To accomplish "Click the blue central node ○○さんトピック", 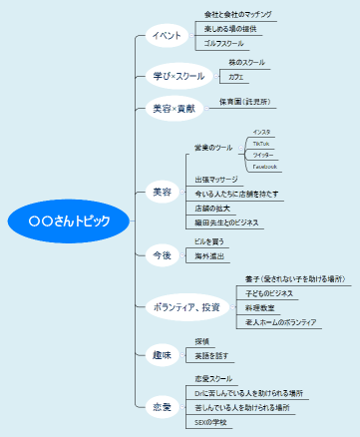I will [x=69, y=219].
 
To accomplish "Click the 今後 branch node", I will [x=161, y=255].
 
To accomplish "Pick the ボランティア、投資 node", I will [x=185, y=304].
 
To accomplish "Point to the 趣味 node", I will [x=161, y=353].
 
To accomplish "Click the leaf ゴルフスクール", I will [x=225, y=44].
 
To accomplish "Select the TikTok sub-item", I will [x=261, y=144].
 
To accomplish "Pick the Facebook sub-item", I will [x=264, y=167].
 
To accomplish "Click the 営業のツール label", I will [x=214, y=148].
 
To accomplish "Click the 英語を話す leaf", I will [x=212, y=355].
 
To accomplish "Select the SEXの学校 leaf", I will [x=212, y=422].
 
